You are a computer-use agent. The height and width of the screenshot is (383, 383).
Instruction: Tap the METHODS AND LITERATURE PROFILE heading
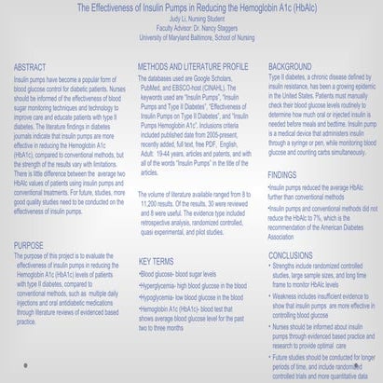click(x=192, y=67)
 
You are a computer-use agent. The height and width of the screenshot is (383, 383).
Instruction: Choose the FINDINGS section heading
click(x=282, y=174)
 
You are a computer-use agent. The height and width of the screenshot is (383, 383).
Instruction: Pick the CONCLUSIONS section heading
click(x=291, y=253)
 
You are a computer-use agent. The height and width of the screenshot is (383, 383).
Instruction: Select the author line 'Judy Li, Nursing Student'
click(x=190, y=19)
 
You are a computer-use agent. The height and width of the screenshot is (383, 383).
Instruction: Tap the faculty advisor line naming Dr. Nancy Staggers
click(x=191, y=27)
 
